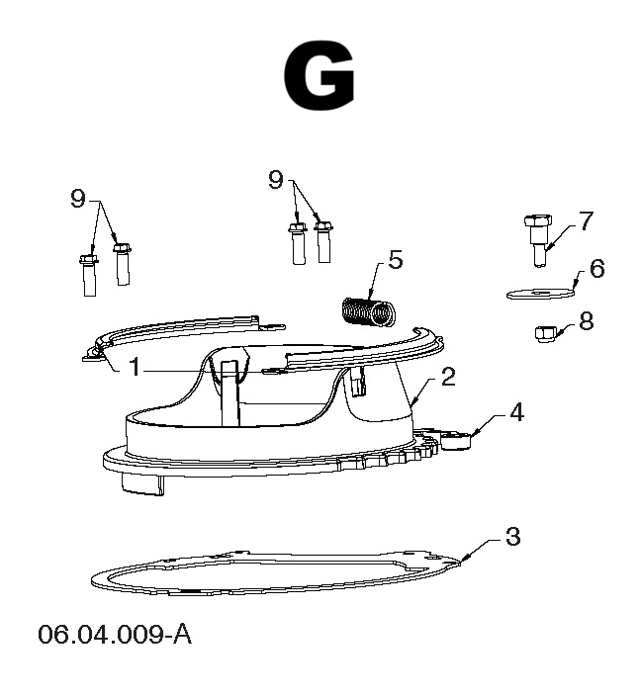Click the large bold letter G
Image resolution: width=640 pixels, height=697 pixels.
click(x=319, y=76)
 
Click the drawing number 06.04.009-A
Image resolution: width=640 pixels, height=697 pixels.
click(x=115, y=634)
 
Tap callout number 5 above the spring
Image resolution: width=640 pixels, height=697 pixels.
click(x=396, y=260)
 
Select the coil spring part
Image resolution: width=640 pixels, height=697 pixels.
click(x=368, y=311)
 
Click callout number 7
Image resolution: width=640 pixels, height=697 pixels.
click(x=586, y=220)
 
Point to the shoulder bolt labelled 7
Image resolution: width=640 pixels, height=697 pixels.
click(x=538, y=240)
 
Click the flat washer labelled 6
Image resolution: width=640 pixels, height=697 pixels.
click(x=540, y=294)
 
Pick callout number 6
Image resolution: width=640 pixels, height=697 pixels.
click(x=596, y=269)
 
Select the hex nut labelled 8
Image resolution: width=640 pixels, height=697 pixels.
click(x=543, y=334)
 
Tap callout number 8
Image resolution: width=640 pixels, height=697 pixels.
click(x=587, y=320)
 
